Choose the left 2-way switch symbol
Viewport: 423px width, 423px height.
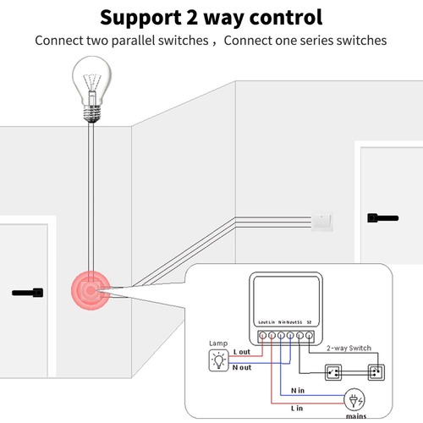pos(334,370)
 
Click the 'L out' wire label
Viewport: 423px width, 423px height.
pos(242,351)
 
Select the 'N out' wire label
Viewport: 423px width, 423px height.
pos(242,366)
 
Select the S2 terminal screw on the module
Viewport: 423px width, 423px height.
pos(310,336)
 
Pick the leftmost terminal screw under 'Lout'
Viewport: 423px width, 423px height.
pos(262,336)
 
